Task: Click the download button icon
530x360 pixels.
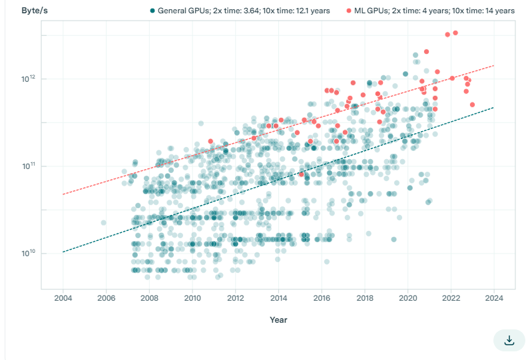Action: (x=509, y=340)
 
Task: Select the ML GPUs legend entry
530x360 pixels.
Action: (x=435, y=11)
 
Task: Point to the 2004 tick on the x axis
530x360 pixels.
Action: (x=63, y=297)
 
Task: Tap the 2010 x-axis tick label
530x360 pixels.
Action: (x=192, y=297)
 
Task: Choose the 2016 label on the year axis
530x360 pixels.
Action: (x=322, y=297)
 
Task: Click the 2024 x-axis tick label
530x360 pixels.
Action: (x=494, y=297)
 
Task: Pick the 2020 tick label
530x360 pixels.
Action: (x=408, y=297)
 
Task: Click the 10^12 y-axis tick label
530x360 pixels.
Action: (x=28, y=79)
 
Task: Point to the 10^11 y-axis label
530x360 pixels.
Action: (x=28, y=166)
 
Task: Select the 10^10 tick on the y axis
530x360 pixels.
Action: (x=28, y=254)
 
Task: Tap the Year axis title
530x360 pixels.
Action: (x=278, y=320)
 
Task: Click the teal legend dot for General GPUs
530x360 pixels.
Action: (x=152, y=11)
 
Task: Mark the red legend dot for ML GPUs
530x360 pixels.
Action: (x=349, y=11)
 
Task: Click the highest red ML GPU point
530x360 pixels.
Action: (x=455, y=33)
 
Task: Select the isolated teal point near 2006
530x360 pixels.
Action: (x=103, y=222)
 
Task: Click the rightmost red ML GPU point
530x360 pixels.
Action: (x=472, y=104)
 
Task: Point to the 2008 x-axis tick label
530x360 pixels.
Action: (x=149, y=297)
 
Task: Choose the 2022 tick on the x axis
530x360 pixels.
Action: (x=451, y=297)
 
